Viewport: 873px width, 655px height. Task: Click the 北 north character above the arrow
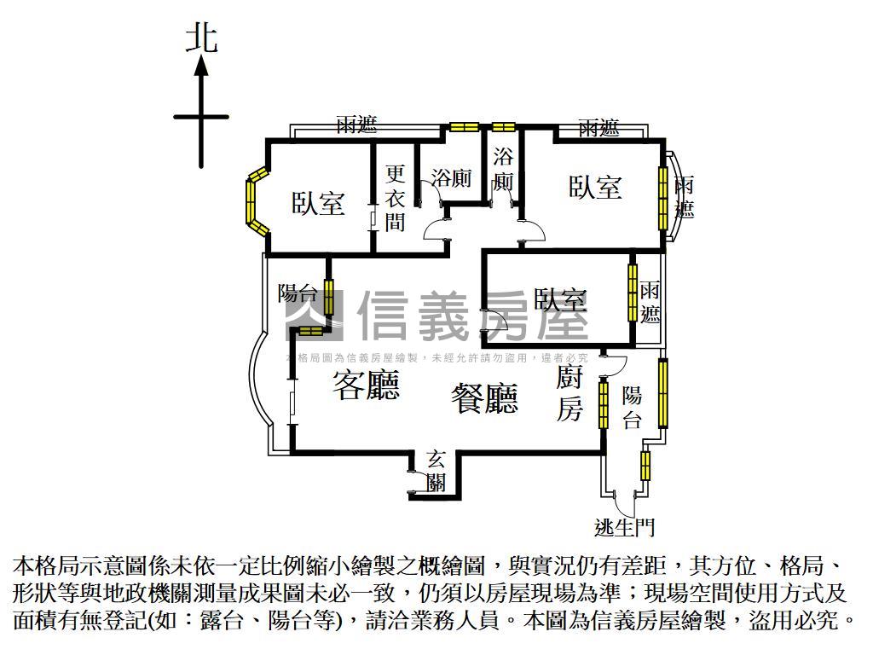point(201,39)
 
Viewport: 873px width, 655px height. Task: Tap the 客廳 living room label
point(367,385)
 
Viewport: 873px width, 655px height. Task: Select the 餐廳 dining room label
point(484,398)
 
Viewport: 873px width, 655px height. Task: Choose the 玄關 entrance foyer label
point(436,471)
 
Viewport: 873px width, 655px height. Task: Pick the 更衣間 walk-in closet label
point(395,198)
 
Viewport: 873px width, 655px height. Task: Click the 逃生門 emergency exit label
point(624,527)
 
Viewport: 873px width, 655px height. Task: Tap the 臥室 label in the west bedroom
point(318,203)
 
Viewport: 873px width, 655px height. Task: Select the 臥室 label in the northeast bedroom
point(594,187)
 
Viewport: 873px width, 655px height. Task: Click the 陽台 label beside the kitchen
point(632,408)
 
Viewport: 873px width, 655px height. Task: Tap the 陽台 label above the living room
point(298,293)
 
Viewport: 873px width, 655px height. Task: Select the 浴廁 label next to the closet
point(452,178)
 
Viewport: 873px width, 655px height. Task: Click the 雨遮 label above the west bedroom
point(357,124)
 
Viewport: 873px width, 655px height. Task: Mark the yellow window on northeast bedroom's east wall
point(662,198)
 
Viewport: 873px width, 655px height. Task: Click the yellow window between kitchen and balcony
point(604,403)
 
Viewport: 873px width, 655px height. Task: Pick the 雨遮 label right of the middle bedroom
point(650,303)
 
